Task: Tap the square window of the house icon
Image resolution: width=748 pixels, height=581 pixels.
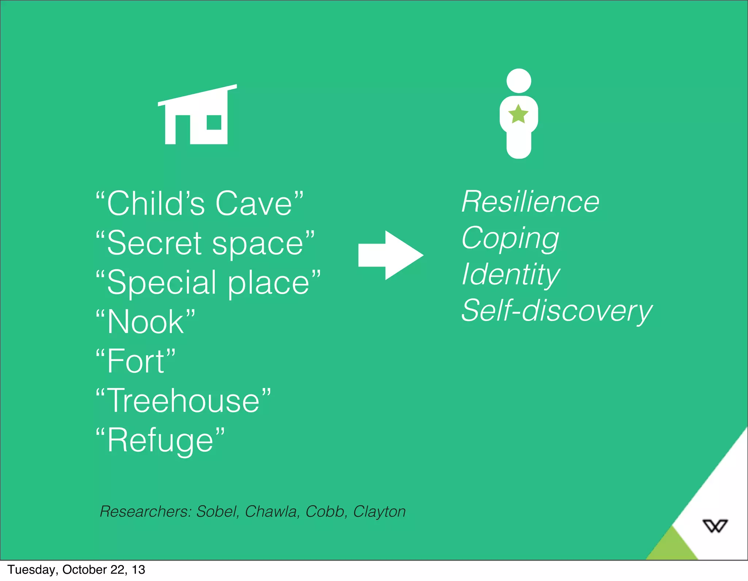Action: pyautogui.click(x=214, y=123)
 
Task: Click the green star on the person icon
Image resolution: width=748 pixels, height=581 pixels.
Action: pyautogui.click(x=518, y=114)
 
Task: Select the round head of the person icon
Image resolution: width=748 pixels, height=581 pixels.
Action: pyautogui.click(x=519, y=81)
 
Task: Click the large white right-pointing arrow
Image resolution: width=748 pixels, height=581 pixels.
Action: pyautogui.click(x=390, y=255)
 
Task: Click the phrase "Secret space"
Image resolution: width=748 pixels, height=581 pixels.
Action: pyautogui.click(x=205, y=243)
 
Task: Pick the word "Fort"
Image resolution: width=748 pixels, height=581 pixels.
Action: pyautogui.click(x=136, y=361)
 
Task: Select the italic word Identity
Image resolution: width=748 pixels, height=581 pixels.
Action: pyautogui.click(x=510, y=275)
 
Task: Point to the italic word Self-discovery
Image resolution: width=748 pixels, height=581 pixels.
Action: pyautogui.click(x=556, y=311)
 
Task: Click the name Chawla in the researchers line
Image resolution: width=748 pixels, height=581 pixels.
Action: pyautogui.click(x=271, y=512)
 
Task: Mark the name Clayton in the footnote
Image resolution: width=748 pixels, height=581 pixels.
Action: pyautogui.click(x=379, y=512)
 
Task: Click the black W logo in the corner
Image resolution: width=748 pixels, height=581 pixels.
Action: pyautogui.click(x=715, y=526)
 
